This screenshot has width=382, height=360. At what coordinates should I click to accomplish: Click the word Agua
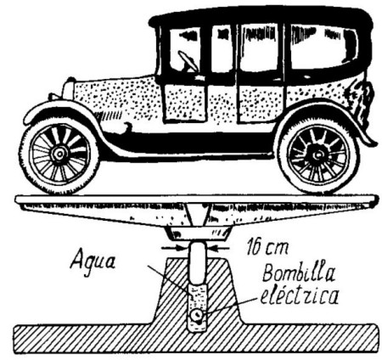93,261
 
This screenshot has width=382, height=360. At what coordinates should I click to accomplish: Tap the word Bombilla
299,273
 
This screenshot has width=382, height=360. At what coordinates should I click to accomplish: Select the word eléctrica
299,295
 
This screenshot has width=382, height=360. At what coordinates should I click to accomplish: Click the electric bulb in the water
197,316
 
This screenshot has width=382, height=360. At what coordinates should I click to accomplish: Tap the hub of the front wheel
59,154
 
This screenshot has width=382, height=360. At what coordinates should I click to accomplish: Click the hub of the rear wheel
318,155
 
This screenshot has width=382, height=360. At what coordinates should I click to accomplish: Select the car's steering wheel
188,60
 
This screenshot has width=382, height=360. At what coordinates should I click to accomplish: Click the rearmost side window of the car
323,47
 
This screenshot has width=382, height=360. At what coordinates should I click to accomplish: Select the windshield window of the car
184,49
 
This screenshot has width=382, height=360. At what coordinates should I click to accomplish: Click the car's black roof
261,16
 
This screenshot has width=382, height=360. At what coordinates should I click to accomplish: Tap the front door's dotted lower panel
184,103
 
